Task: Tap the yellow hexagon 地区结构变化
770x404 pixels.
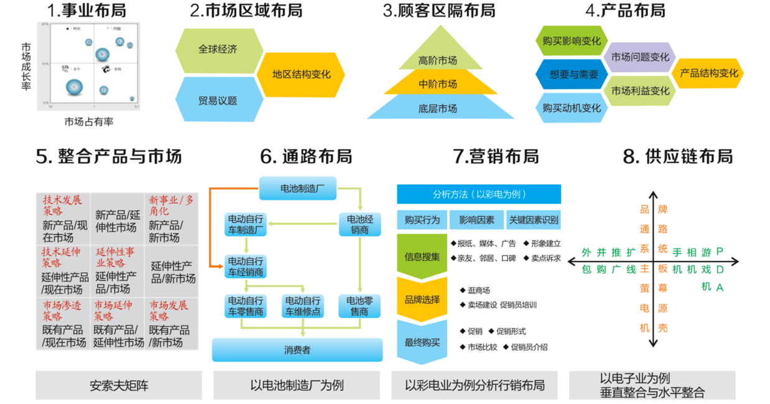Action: (301, 75)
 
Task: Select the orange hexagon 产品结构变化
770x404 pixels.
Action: (708, 73)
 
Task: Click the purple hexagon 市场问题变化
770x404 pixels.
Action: (640, 57)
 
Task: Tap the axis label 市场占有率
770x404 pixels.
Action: (89, 122)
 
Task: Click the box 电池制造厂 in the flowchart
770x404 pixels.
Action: (297, 188)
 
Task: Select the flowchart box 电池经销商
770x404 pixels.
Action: (359, 224)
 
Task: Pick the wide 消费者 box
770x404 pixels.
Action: (297, 350)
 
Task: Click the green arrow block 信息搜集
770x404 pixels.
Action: (422, 256)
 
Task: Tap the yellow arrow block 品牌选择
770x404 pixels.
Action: (422, 300)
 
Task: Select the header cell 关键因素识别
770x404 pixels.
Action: (533, 219)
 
